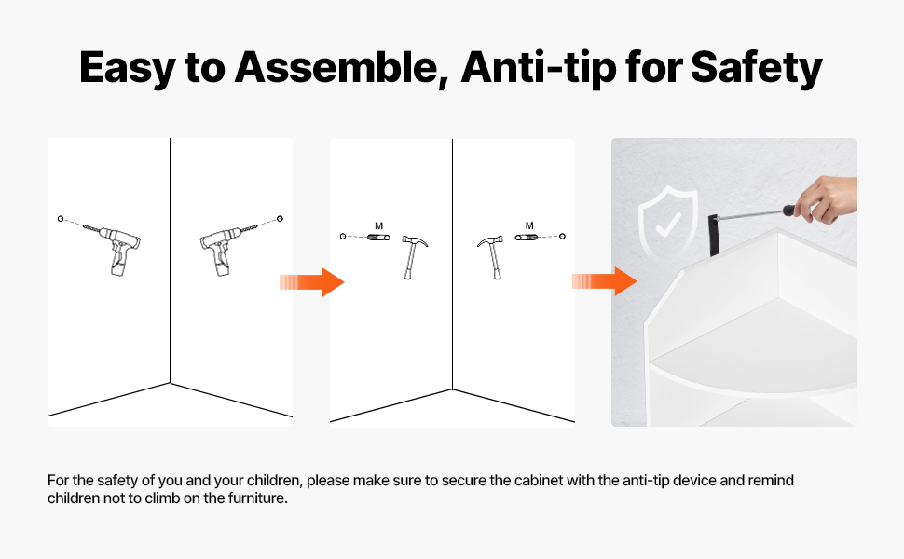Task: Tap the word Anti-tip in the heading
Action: click(x=540, y=67)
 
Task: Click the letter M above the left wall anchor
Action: click(x=378, y=225)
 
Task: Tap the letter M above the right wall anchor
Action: click(x=529, y=225)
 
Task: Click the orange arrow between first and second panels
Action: click(x=312, y=281)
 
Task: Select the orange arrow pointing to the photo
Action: click(x=604, y=281)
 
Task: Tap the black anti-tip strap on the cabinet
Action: click(x=714, y=235)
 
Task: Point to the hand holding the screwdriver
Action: click(x=826, y=198)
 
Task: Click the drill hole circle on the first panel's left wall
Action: click(x=61, y=218)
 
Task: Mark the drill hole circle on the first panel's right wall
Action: click(x=281, y=218)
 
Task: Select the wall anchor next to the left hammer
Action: click(x=378, y=237)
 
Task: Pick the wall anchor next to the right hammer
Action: click(x=526, y=237)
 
